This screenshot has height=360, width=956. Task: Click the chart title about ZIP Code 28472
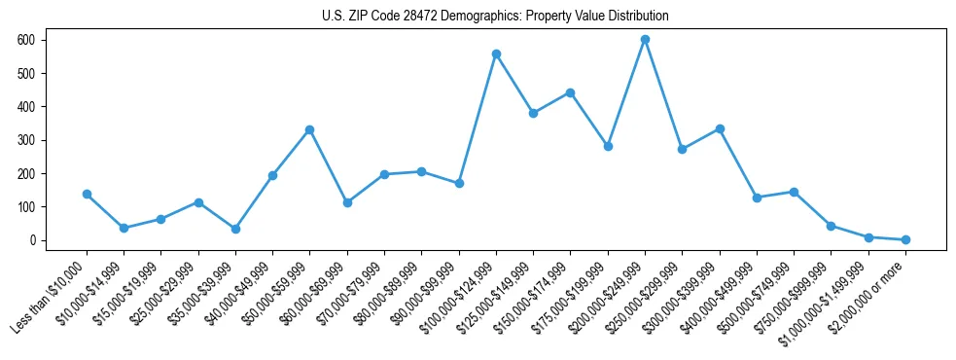point(495,17)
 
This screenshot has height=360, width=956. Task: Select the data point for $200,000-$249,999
point(645,40)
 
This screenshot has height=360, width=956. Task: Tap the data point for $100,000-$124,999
point(496,54)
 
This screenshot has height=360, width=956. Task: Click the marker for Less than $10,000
point(87,194)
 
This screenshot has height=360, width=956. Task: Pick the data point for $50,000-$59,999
point(309,129)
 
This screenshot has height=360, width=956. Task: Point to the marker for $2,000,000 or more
point(905,239)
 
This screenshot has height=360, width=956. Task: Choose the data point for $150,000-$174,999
point(570,92)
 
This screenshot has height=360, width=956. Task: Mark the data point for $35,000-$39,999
point(235,229)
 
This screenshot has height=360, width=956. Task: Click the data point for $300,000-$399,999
point(720,128)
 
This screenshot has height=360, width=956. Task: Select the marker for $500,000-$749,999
point(794,192)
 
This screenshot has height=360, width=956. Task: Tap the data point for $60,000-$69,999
point(347,202)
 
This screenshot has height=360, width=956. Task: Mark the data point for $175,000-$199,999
point(608,146)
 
